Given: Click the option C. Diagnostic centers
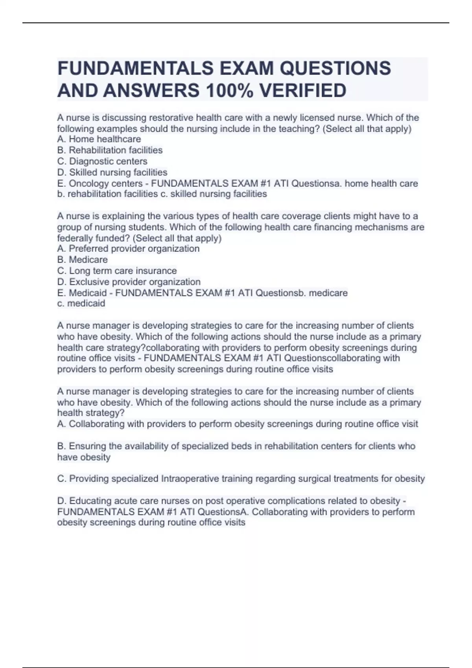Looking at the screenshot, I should [x=102, y=161].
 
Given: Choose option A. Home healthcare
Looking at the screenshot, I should [x=99, y=139].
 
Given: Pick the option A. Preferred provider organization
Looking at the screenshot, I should [x=128, y=249].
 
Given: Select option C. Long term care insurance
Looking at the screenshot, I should [x=117, y=271].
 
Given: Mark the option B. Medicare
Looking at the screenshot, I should [x=82, y=260].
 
